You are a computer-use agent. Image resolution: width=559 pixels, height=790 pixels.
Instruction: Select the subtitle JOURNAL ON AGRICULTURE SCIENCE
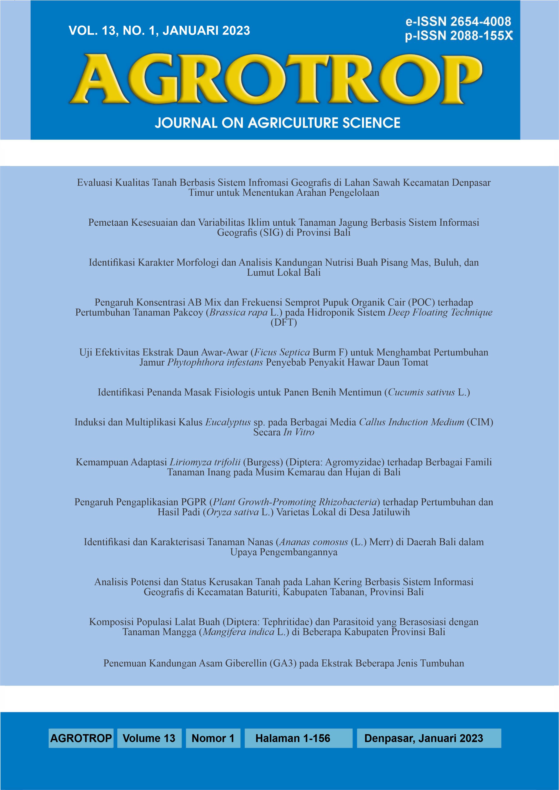[277, 123]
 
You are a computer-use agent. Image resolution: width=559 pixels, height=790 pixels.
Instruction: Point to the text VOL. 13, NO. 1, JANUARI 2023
[159, 31]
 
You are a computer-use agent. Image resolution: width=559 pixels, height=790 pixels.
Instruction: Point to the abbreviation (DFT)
[284, 322]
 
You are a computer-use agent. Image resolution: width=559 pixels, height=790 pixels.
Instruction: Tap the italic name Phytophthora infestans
[215, 362]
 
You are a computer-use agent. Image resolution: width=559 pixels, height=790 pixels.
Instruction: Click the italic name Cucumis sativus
[421, 392]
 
